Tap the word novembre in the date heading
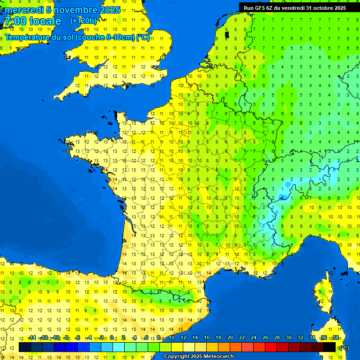pos(73,10)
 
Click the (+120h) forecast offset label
pos(83,21)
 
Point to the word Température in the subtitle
pos(32,37)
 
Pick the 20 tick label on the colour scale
pos(230,338)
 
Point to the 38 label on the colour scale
pos(335,338)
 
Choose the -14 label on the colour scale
pos(32,338)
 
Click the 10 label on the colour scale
pos(172,338)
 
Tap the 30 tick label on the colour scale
pos(288,338)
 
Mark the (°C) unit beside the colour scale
pos(344,347)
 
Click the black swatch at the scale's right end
pos(330,347)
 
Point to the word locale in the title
pos(45,21)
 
